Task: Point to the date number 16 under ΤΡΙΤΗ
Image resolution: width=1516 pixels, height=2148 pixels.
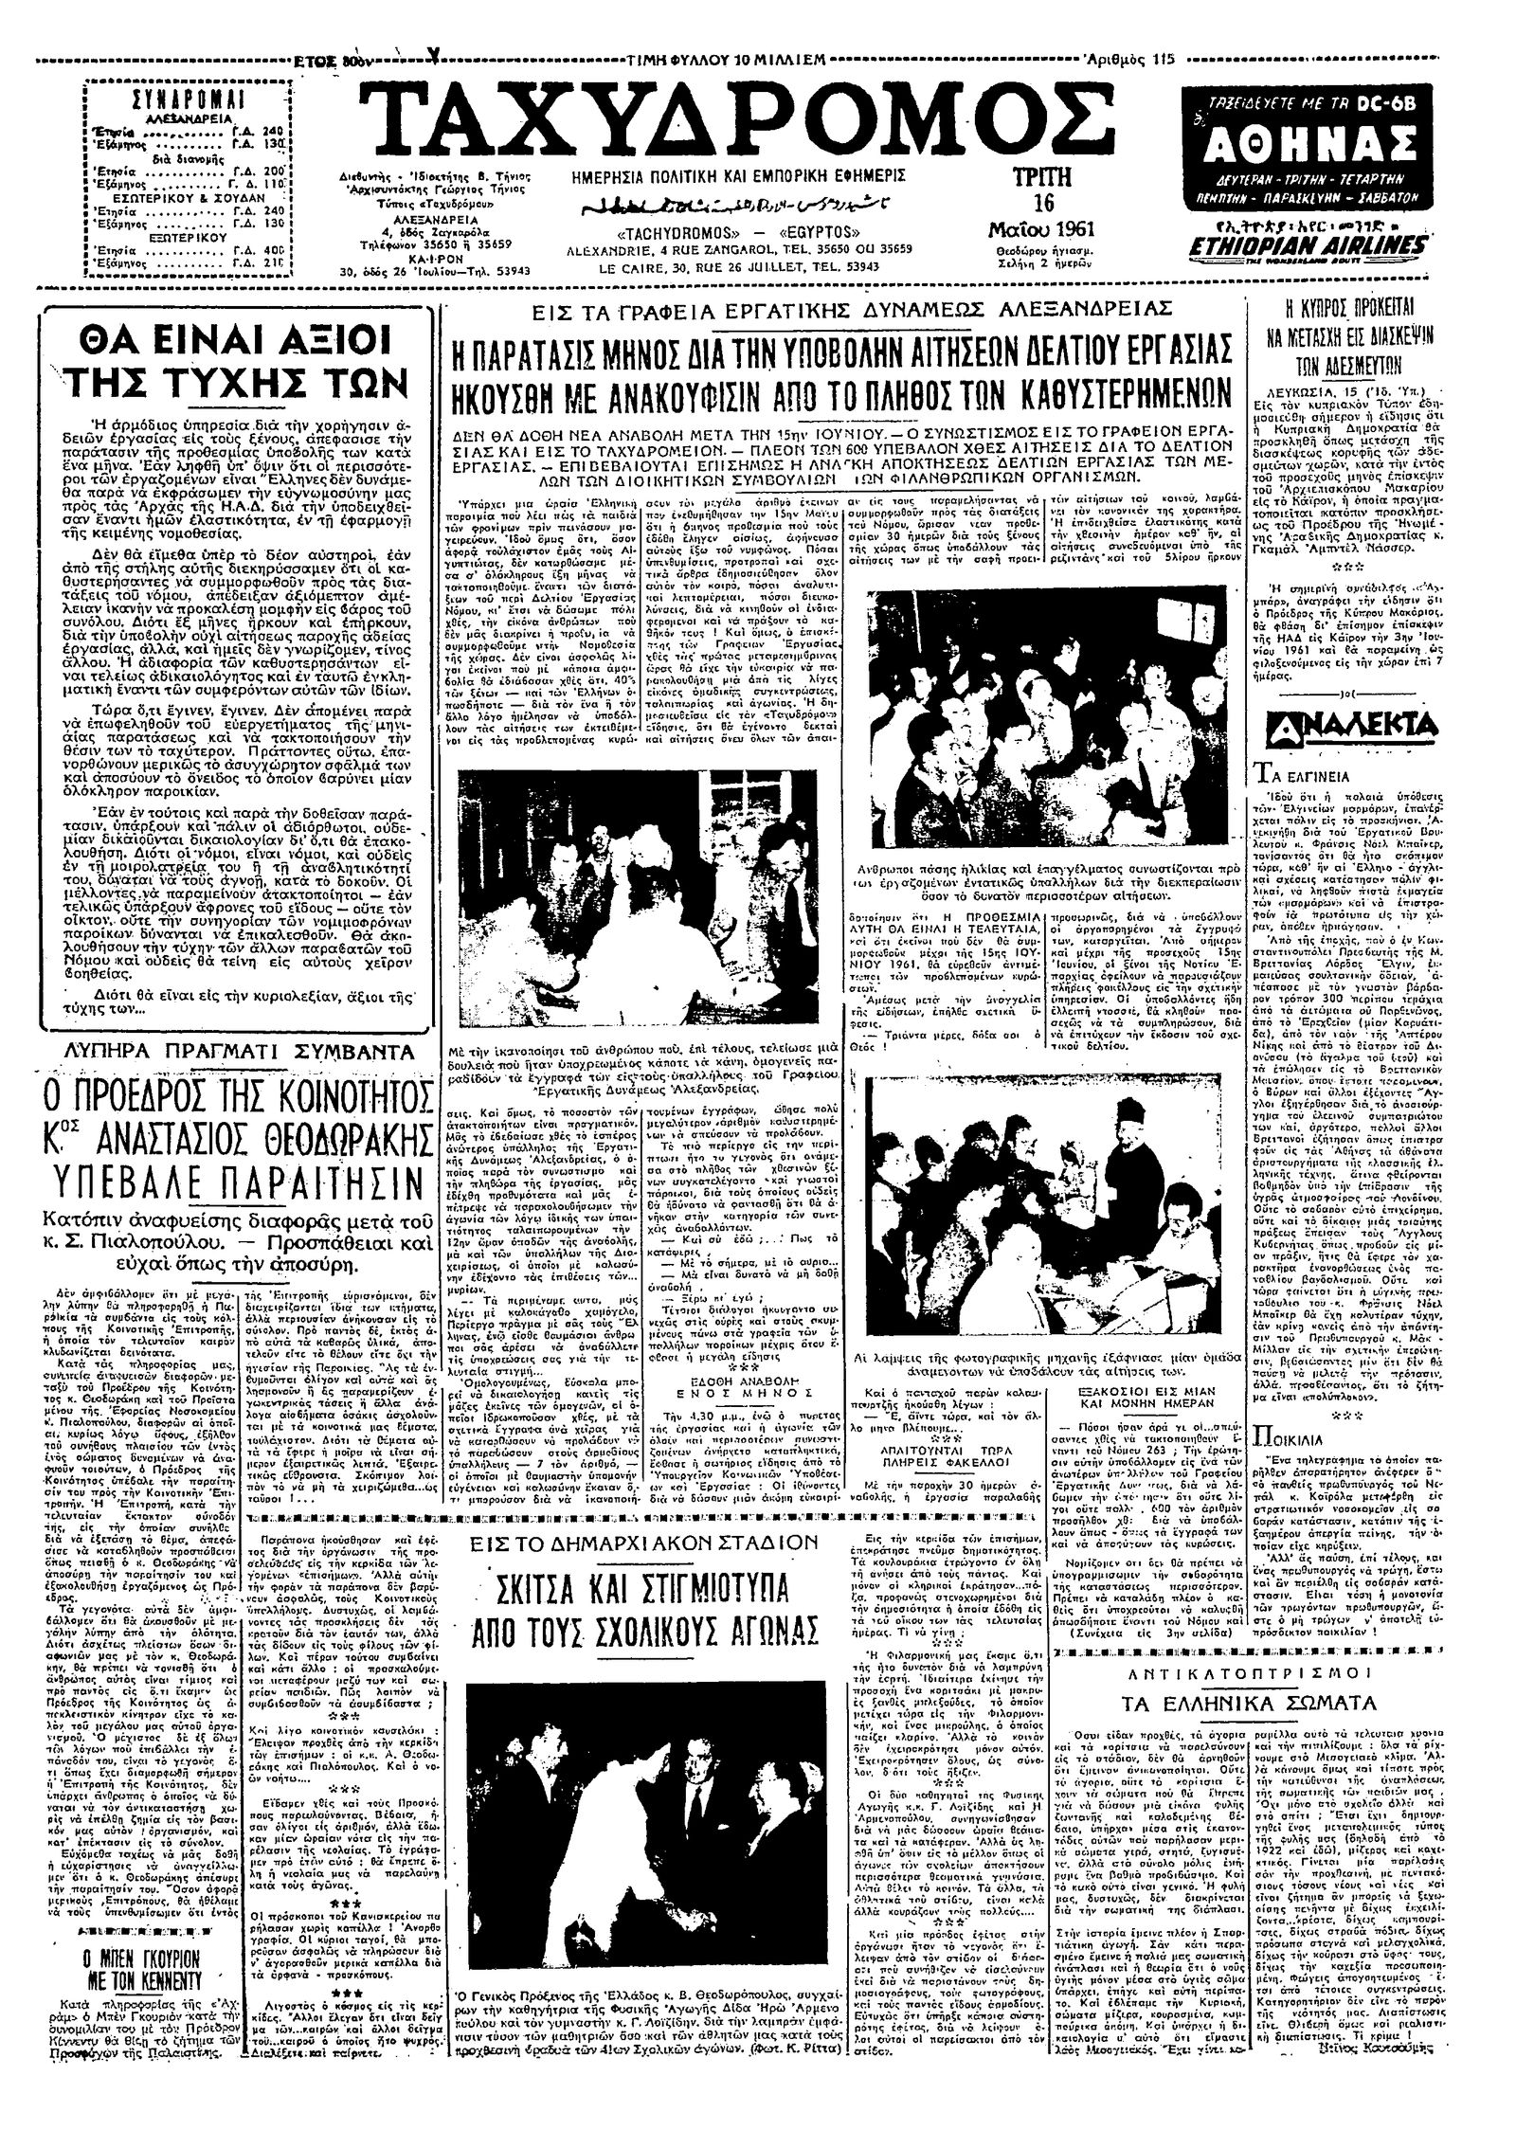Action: (1043, 204)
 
